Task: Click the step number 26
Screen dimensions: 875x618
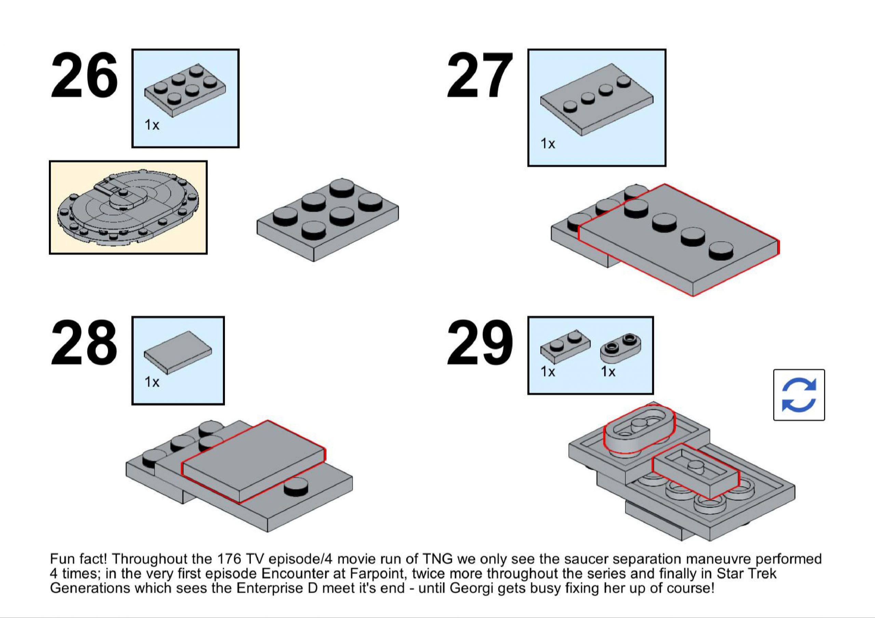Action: [x=84, y=75]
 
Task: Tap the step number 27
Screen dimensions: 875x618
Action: [x=480, y=75]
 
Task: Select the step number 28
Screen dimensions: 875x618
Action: [x=84, y=343]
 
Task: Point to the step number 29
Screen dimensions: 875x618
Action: [x=480, y=343]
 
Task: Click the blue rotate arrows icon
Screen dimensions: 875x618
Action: [x=799, y=395]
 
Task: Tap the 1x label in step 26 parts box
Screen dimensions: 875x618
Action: [x=152, y=125]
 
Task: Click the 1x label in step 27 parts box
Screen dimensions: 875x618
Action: [x=548, y=143]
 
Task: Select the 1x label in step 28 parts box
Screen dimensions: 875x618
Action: [x=152, y=382]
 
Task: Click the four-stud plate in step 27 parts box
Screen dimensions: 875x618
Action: [x=597, y=99]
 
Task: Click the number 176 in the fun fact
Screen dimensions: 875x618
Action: [x=229, y=559]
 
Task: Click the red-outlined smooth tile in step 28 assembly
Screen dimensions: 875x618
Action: [x=253, y=461]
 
